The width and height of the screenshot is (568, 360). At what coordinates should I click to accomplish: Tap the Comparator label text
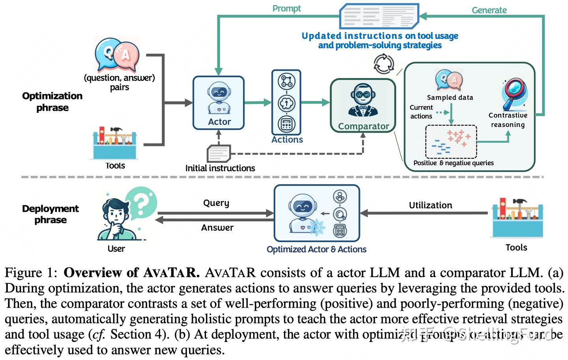click(x=363, y=126)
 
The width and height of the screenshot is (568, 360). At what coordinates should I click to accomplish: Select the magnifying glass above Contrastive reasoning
click(x=514, y=93)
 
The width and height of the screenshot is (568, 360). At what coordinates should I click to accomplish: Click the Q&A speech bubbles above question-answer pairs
click(x=117, y=54)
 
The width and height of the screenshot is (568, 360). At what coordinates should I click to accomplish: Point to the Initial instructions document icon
click(x=219, y=153)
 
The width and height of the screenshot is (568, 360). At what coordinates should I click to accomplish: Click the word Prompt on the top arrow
click(x=286, y=8)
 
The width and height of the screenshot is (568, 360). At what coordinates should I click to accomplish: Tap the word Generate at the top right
click(x=489, y=10)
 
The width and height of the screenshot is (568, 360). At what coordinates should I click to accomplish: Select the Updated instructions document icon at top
click(x=379, y=16)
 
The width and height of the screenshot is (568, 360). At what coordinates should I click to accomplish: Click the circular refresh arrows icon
click(x=383, y=63)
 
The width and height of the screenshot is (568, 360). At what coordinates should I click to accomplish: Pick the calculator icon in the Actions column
click(x=286, y=124)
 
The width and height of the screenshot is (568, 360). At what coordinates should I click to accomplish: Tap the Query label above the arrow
click(x=216, y=203)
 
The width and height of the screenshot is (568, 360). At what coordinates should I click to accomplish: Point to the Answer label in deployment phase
click(x=217, y=228)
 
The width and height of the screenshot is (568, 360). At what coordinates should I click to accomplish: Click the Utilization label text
click(x=430, y=205)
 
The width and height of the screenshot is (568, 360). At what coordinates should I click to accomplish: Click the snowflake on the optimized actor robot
click(x=317, y=228)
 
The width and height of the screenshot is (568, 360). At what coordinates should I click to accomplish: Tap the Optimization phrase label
click(x=52, y=102)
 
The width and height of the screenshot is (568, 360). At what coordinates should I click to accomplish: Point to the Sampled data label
click(x=450, y=97)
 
